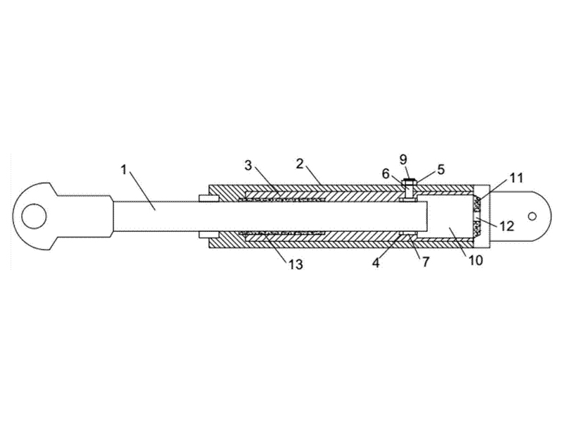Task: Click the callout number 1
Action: coord(123,170)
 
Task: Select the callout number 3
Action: coord(248,166)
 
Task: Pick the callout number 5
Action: coord(441,169)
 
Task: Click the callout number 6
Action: coord(386,173)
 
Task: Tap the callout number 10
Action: coord(475,260)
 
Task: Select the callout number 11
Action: coord(516,178)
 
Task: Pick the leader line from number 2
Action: coord(314,176)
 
